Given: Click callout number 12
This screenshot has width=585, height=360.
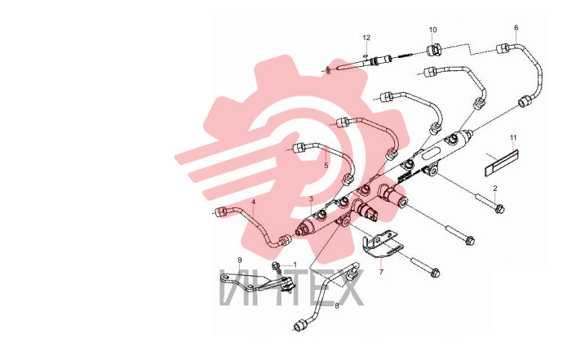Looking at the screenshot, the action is (x=366, y=38).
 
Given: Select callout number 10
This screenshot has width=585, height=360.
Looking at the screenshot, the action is (x=432, y=30).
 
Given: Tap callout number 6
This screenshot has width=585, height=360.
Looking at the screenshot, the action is (x=516, y=28).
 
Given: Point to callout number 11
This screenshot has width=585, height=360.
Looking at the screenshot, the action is (x=513, y=138).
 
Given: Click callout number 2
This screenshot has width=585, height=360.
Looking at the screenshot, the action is (x=495, y=189).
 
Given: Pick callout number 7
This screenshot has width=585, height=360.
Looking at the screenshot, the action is (x=381, y=272).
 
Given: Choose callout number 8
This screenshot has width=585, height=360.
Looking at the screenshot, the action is (x=336, y=305).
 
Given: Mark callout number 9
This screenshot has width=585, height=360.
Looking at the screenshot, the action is (x=240, y=260).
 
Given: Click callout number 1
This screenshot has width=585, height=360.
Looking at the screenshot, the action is (x=295, y=264).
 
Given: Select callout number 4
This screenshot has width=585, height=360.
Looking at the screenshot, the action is (x=253, y=202).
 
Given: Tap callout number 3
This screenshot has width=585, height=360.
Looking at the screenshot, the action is (x=311, y=199).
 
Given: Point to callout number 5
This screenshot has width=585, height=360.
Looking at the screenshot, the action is (x=326, y=165).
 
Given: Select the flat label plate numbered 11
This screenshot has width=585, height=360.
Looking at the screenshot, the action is (x=502, y=162).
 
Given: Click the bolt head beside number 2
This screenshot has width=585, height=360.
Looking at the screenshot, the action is (x=499, y=209).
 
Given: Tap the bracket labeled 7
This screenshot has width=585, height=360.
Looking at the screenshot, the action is (x=383, y=244).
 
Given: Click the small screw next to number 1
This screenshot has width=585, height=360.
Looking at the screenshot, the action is (x=276, y=267).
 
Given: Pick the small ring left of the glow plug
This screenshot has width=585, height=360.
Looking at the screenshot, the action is (x=328, y=70).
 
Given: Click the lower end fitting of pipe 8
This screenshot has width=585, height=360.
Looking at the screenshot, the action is (x=300, y=326).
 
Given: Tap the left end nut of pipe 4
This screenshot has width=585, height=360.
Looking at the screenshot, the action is (x=221, y=211).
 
